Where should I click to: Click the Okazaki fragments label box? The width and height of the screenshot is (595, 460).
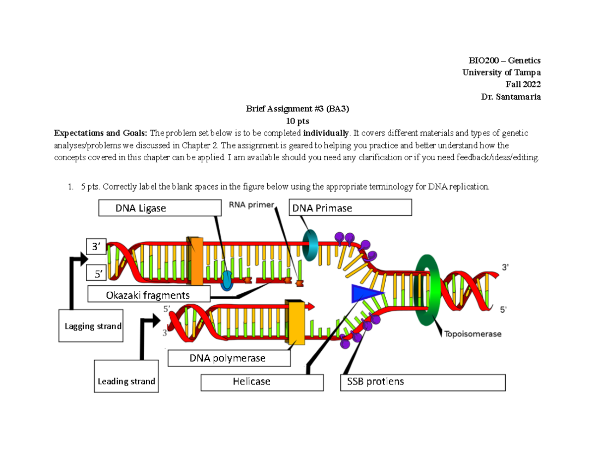tap(148, 295)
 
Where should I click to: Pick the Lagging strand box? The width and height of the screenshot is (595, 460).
tap(91, 326)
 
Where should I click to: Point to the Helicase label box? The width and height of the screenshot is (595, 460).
tap(262, 382)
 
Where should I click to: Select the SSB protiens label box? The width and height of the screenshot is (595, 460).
tap(422, 382)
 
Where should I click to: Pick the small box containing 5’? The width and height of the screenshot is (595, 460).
tap(95, 273)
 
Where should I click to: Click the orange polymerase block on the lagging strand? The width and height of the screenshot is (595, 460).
tap(195, 260)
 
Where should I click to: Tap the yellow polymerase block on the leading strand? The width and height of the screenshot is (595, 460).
tap(297, 322)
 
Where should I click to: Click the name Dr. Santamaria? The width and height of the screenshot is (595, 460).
tap(510, 97)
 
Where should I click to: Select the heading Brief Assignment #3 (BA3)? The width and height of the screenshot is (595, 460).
tap(298, 109)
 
